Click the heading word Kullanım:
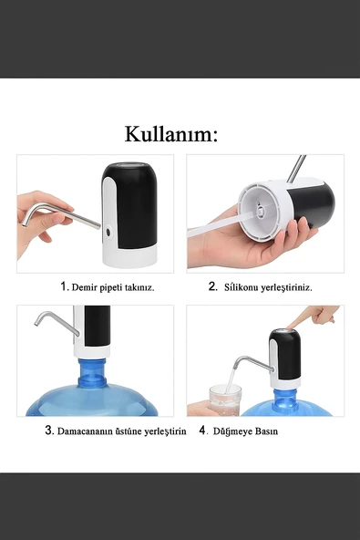(x=171, y=135)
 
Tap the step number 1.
(x=64, y=286)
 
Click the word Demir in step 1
(x=85, y=286)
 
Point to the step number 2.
(x=212, y=286)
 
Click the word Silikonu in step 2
(x=241, y=286)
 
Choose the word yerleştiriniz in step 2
(x=287, y=286)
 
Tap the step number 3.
(x=49, y=431)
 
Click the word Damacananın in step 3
(x=90, y=431)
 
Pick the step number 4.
(x=203, y=431)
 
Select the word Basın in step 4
(x=266, y=431)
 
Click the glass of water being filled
(x=224, y=399)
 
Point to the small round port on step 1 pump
(x=108, y=232)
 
